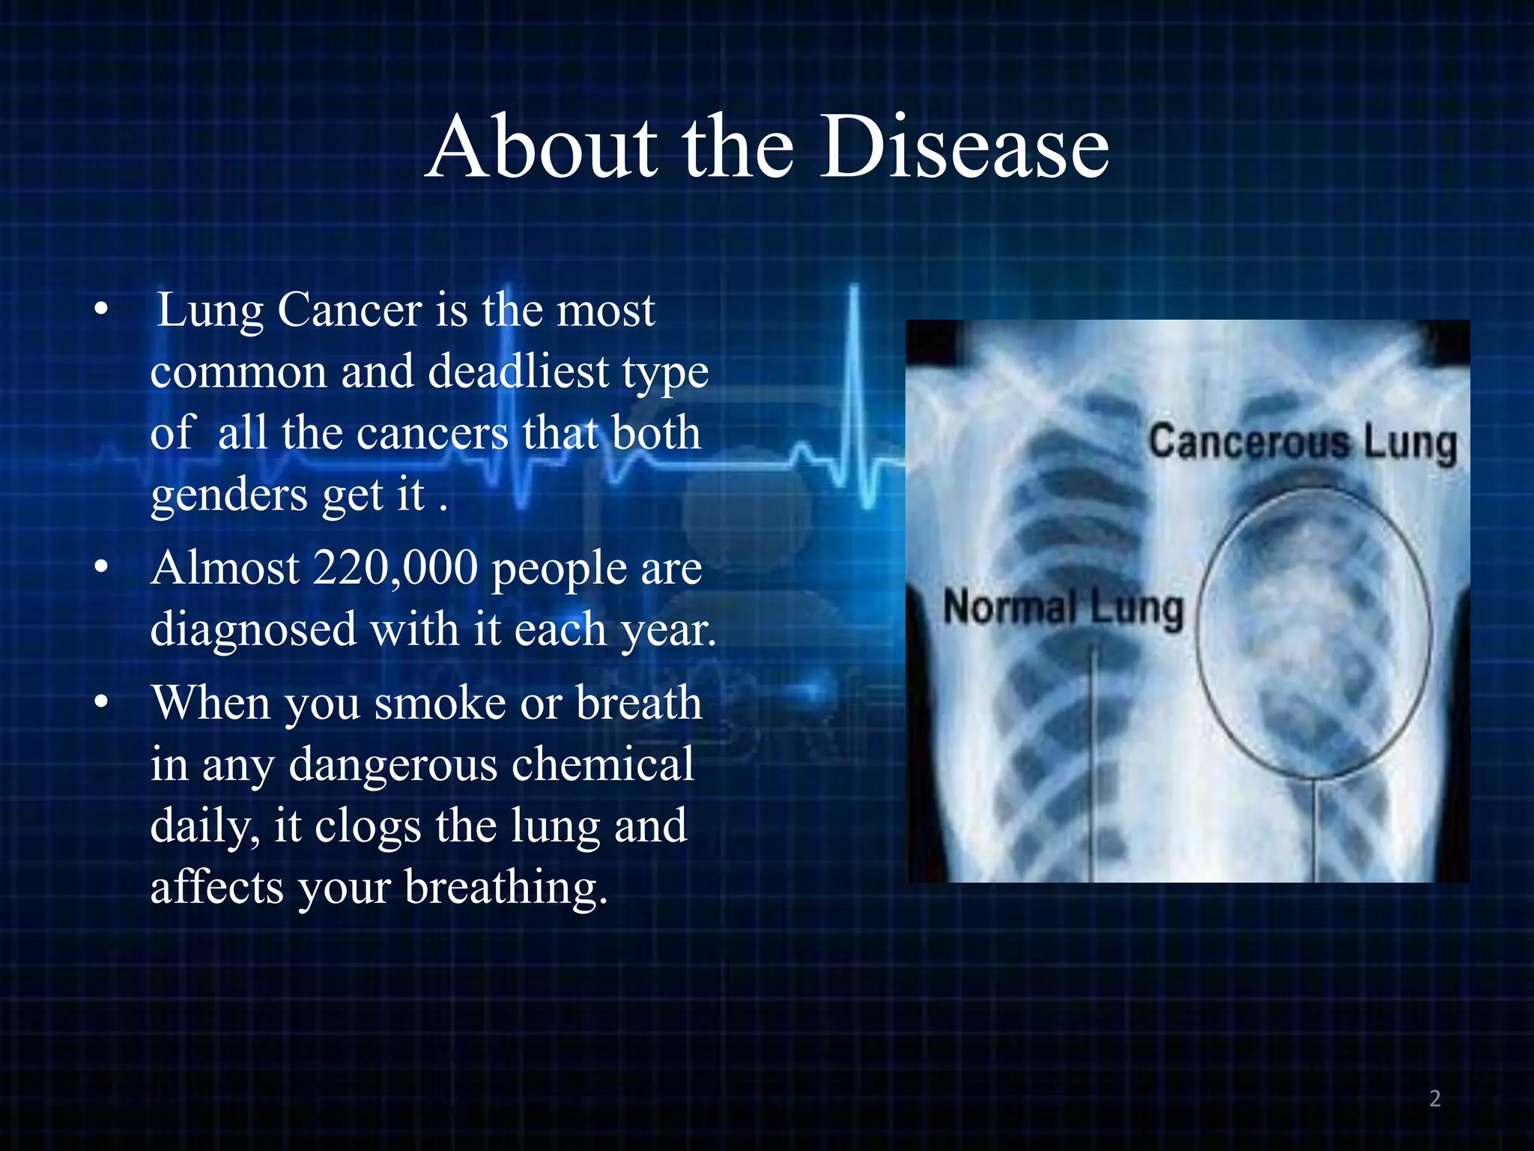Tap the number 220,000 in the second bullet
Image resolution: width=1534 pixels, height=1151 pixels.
(395, 569)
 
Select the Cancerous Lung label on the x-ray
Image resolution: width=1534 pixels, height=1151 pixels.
(1303, 443)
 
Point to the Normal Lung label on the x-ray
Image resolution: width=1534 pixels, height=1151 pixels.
(1063, 608)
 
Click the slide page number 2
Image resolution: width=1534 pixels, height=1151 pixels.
(1434, 1099)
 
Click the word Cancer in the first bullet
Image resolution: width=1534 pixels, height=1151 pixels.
(350, 310)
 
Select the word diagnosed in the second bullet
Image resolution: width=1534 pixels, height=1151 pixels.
(253, 629)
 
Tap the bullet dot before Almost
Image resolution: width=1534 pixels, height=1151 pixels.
(102, 568)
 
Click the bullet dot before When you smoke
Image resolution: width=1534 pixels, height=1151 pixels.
(102, 703)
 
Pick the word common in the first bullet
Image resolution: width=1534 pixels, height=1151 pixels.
(238, 372)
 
